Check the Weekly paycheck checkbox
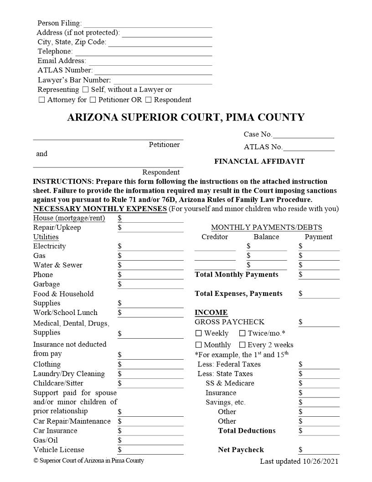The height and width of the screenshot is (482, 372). [x=198, y=333]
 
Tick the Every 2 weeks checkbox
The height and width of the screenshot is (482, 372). [x=243, y=345]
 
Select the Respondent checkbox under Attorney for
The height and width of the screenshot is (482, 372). [x=148, y=100]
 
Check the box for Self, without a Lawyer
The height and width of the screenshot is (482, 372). [x=85, y=89]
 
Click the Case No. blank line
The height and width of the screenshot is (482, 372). [x=303, y=135]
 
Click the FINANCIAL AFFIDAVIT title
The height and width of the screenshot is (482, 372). [x=259, y=161]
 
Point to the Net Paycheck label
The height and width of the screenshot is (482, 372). [x=241, y=450]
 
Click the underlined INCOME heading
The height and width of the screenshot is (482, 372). [x=211, y=312]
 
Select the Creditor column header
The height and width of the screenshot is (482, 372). [x=215, y=236]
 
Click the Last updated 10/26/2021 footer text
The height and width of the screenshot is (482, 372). [x=299, y=461]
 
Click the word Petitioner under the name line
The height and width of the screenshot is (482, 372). [x=164, y=144]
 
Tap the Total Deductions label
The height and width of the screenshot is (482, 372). [x=247, y=430]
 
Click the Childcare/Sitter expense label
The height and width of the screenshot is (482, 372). [x=58, y=383]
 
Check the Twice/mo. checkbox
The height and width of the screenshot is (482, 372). [x=243, y=333]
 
